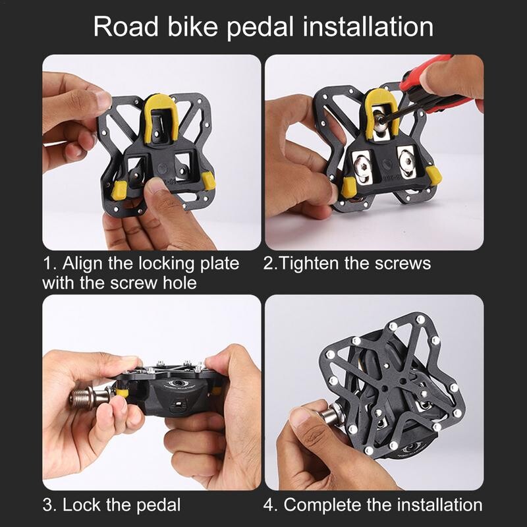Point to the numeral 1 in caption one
(x=47, y=264)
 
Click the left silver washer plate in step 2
(x=362, y=163)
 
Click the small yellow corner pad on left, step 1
(x=119, y=190)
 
